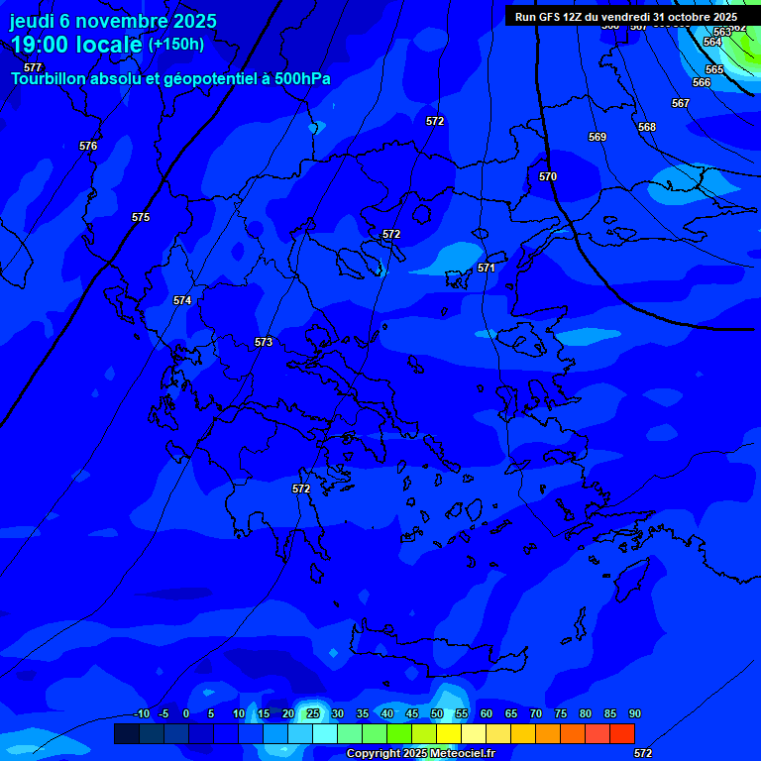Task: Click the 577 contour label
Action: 33,67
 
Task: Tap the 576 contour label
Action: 88,146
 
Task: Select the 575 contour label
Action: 141,217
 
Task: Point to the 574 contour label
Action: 182,300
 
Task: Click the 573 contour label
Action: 263,342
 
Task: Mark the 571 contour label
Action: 487,268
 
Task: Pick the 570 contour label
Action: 548,176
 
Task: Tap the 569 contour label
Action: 598,137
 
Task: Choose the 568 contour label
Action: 647,127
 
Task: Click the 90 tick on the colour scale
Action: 634,713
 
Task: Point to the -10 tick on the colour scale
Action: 141,713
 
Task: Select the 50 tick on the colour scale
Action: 437,713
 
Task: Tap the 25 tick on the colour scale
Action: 313,713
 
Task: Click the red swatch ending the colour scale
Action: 621,733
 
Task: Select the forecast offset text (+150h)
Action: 176,44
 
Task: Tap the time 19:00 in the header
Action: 39,45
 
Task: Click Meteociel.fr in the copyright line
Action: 463,754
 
